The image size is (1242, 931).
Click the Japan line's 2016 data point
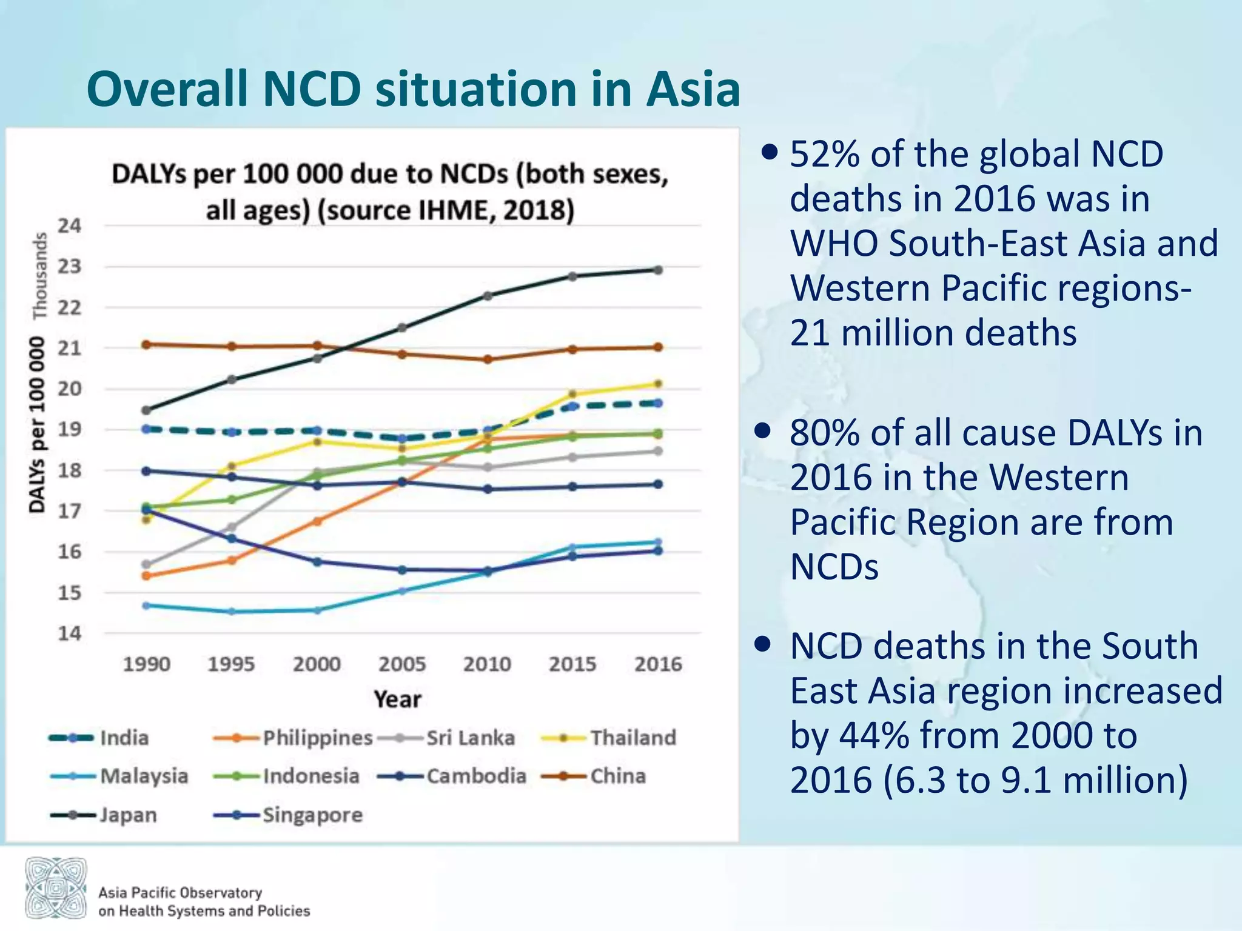click(x=659, y=270)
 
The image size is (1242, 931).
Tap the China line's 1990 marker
click(x=146, y=344)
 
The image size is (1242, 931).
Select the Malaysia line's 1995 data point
click(x=232, y=612)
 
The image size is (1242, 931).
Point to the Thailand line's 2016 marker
click(x=659, y=384)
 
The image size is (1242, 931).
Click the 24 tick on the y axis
click(x=69, y=226)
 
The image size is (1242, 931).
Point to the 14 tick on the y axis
click(x=69, y=633)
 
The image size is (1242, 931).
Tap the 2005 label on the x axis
click(x=402, y=664)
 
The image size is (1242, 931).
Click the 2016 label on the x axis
click(x=658, y=664)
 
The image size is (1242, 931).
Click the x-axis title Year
click(x=397, y=699)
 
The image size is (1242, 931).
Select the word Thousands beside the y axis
click(x=40, y=276)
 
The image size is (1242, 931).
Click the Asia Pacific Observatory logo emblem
click(x=56, y=887)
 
